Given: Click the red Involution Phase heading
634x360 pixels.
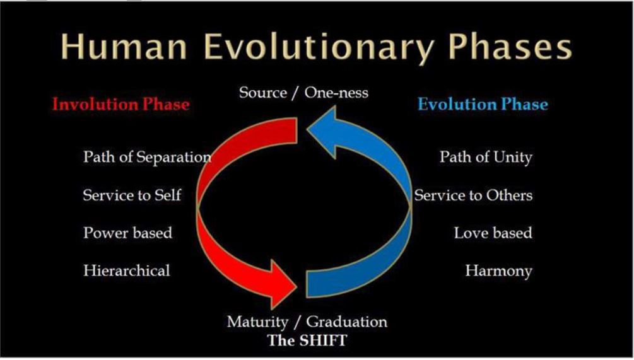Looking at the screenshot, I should (x=120, y=104).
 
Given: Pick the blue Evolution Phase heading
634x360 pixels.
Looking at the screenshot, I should (x=483, y=104).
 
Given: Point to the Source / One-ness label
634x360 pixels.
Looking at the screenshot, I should (x=303, y=93).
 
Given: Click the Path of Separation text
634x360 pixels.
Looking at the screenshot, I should (x=147, y=157).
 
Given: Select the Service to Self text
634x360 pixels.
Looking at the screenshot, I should (x=132, y=195).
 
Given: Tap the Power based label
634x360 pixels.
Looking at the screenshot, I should (x=127, y=233).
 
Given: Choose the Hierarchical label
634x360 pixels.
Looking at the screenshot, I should (x=127, y=271).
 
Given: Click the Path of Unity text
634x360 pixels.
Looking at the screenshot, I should (x=486, y=157).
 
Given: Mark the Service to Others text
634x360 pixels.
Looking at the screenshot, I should (x=473, y=195).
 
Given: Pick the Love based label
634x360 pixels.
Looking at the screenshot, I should (x=493, y=233).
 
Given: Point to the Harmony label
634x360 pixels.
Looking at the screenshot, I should (x=498, y=271).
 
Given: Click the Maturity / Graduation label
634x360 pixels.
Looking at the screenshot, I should (x=307, y=322).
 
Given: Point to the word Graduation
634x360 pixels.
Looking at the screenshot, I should (x=347, y=322).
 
